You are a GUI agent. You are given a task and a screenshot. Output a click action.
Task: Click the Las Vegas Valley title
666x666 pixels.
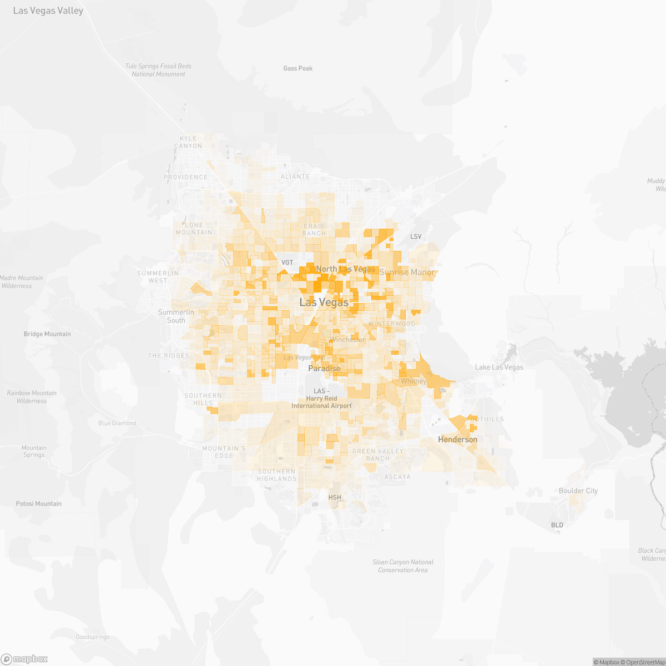[48, 11]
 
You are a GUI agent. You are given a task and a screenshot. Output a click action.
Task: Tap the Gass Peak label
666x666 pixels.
[298, 68]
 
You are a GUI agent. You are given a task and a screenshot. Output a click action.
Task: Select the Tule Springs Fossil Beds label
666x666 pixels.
[158, 70]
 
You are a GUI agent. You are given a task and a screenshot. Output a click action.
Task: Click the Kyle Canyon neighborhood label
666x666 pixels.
[188, 142]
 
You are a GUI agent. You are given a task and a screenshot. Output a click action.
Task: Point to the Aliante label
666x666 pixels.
[295, 176]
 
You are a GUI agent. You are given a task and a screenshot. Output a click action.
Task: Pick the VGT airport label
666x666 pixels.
[287, 263]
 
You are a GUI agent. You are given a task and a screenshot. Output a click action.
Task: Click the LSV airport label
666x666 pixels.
[416, 236]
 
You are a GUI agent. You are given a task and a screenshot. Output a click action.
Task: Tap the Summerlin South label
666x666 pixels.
[176, 316]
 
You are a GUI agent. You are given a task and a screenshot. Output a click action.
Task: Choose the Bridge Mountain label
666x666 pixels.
[47, 334]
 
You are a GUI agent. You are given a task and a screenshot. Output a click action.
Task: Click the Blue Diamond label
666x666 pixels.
[117, 423]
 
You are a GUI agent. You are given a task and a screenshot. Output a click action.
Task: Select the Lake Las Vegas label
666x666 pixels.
[499, 367]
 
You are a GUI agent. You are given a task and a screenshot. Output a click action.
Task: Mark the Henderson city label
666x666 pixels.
[458, 440]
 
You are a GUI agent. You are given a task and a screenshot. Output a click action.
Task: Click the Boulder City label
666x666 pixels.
[578, 491]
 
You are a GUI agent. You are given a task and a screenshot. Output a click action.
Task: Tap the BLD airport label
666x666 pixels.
[557, 525]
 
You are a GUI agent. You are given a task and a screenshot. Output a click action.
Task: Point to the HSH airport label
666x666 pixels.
[335, 497]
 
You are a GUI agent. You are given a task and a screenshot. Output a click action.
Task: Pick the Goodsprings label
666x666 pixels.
[93, 637]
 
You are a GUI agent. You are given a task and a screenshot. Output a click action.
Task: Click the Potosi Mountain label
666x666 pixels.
[39, 504]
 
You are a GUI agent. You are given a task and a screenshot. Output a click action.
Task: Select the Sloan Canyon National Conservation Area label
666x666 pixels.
[403, 566]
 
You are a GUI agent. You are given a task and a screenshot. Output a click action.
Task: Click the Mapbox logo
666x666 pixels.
[24, 659]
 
